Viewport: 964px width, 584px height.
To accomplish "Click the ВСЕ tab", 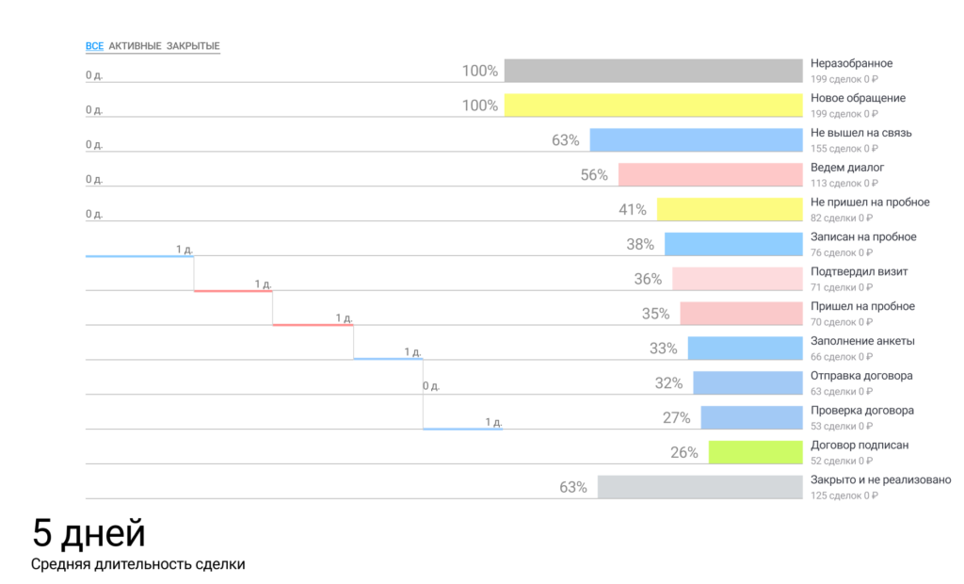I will (94, 46).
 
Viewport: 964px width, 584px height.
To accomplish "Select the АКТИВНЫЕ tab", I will (135, 46).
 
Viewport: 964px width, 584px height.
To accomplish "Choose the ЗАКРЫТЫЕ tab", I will (193, 46).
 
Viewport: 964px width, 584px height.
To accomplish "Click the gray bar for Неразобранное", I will (651, 71).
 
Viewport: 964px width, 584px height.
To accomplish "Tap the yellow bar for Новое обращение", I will (651, 105).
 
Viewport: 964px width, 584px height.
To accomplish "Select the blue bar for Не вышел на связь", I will (695, 140).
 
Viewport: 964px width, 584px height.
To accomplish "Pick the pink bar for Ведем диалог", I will (709, 175).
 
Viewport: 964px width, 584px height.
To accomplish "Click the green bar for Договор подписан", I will (754, 452).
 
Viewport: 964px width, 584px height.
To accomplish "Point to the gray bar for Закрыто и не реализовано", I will (699, 487).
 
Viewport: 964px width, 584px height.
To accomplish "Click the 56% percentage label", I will (594, 175).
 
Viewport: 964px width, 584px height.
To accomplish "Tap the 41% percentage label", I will (633, 210).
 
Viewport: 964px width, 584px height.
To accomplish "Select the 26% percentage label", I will (684, 452).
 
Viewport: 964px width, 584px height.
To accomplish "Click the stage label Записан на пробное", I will (863, 237).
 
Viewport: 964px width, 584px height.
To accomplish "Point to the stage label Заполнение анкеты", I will (862, 341).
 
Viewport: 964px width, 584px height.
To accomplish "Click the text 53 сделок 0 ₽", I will (843, 426).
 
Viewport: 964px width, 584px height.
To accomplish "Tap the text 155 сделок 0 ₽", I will (845, 149).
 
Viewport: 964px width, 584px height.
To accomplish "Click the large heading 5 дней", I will (89, 534).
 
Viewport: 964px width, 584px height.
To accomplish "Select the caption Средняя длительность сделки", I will (137, 564).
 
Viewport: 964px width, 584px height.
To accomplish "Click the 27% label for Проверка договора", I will (676, 418).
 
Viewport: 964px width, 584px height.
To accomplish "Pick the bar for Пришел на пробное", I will (739, 314).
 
